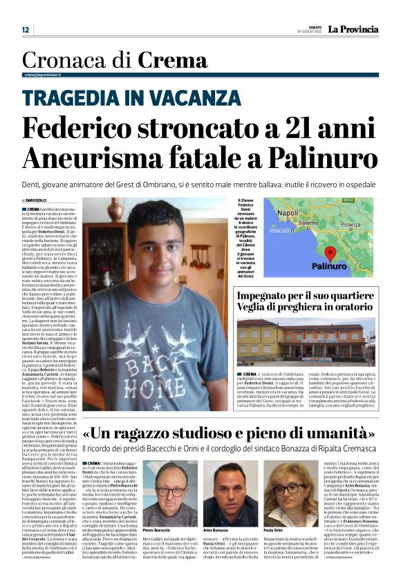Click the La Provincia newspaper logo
pyautogui.click(x=353, y=29)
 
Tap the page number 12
pyautogui.click(x=26, y=30)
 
